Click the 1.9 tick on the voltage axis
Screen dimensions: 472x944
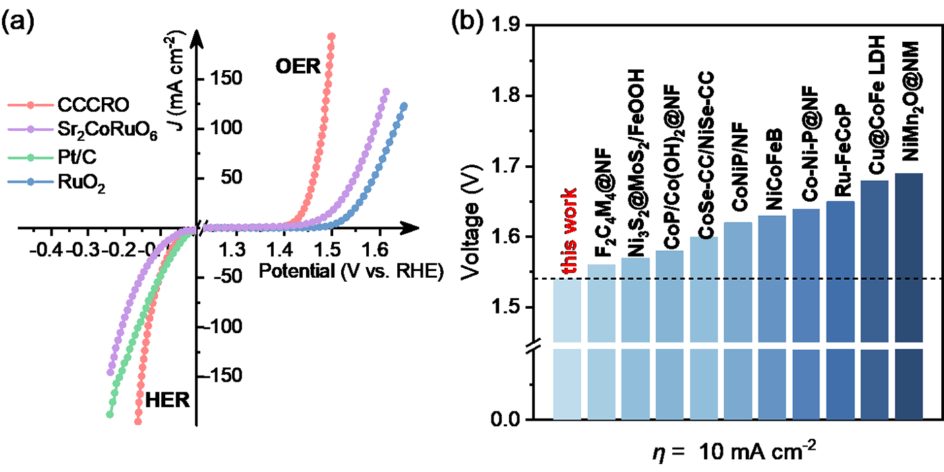point(511,26)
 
